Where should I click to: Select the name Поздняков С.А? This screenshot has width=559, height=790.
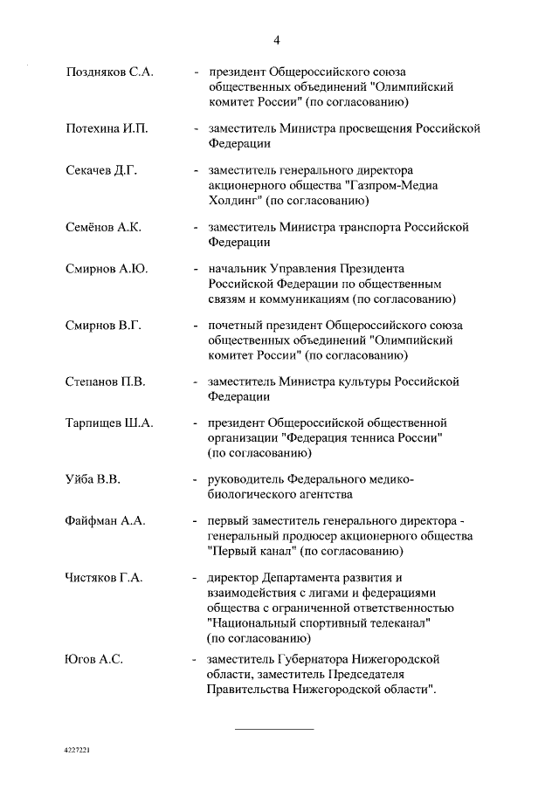click(109, 72)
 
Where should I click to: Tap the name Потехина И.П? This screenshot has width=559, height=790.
click(107, 128)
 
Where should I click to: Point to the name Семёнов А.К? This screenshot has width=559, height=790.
click(103, 227)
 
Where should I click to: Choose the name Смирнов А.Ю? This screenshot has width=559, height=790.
click(107, 268)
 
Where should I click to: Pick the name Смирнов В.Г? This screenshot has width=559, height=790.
click(103, 325)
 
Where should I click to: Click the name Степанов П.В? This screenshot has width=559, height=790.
click(105, 381)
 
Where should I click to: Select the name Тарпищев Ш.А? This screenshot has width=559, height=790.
click(109, 422)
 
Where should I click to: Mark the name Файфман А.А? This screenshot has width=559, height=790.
click(105, 520)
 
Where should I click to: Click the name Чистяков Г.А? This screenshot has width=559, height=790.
click(103, 577)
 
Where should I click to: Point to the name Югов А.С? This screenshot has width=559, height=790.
click(93, 658)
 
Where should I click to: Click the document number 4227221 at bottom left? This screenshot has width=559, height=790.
click(78, 750)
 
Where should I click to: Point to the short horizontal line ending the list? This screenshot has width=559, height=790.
click(275, 728)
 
